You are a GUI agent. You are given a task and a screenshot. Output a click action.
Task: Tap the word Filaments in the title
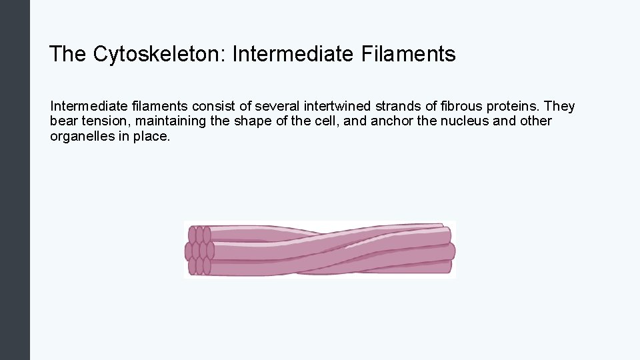point(409,54)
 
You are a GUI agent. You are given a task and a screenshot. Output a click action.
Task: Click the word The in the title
point(67,54)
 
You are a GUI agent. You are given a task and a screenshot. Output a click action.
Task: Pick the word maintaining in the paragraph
point(171,122)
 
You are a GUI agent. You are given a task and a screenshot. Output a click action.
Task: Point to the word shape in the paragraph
point(250,122)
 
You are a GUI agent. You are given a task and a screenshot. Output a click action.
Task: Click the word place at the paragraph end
point(153,137)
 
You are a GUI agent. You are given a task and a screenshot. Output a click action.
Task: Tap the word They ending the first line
point(561,107)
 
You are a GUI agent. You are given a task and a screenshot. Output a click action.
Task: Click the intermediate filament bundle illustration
point(320,250)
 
